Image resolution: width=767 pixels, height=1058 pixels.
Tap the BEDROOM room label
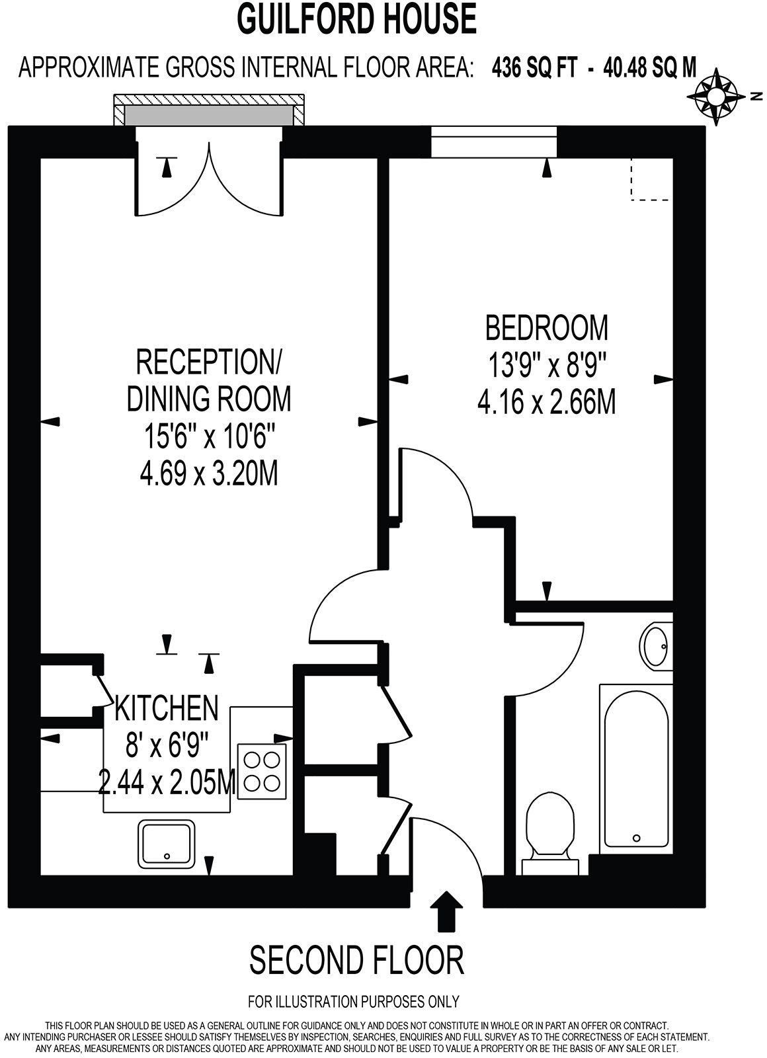point(546,327)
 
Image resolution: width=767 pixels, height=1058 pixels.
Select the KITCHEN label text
point(166,708)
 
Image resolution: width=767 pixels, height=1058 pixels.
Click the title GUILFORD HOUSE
point(357,19)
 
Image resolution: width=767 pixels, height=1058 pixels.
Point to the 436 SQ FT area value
point(534,67)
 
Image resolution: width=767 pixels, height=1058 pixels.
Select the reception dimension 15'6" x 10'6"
point(209,436)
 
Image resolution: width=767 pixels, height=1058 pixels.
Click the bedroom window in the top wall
point(495,142)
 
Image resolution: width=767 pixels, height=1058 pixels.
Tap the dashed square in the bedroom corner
point(651,179)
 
